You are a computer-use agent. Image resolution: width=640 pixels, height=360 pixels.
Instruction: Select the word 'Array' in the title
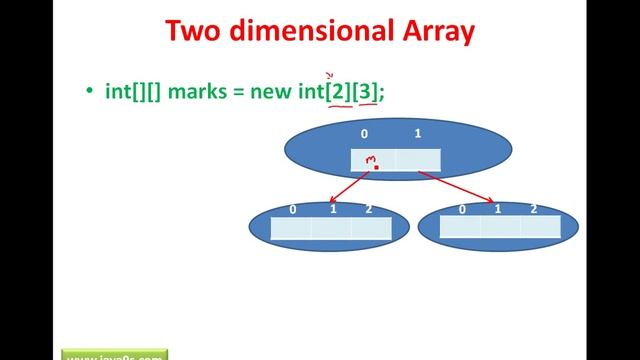(x=428, y=32)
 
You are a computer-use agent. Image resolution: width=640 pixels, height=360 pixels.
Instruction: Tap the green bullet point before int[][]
(x=89, y=92)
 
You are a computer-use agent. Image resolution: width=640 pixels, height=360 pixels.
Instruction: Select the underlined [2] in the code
(x=337, y=91)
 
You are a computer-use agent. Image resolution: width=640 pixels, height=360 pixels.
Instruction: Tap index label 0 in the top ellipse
(x=365, y=132)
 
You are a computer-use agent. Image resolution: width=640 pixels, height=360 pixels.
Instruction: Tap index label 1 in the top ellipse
(x=417, y=132)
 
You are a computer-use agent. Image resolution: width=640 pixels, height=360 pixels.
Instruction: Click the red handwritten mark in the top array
(x=372, y=161)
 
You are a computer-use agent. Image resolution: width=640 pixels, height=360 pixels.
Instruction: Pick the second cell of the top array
(x=418, y=159)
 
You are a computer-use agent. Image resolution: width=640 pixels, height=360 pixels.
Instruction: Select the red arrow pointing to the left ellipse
(x=350, y=187)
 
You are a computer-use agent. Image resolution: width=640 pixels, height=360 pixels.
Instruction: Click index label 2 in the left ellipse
(x=369, y=209)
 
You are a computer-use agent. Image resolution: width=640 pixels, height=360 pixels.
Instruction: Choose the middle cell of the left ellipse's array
(x=330, y=228)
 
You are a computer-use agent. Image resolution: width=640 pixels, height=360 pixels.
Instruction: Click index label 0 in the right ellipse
(x=462, y=209)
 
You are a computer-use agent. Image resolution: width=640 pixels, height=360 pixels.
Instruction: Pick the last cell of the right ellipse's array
(x=540, y=227)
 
